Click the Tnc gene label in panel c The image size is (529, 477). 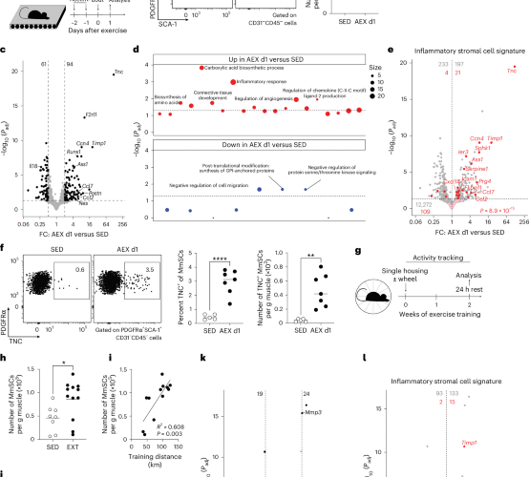[x=117, y=73]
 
